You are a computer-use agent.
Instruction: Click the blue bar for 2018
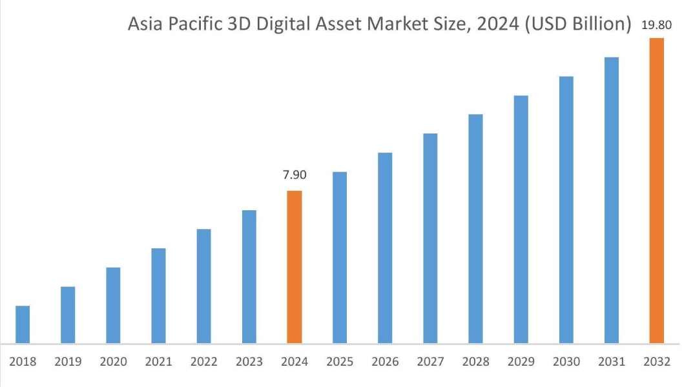(23, 324)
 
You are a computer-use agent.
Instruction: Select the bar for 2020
(113, 305)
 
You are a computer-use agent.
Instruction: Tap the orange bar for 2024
(295, 267)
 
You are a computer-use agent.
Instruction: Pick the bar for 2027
(430, 238)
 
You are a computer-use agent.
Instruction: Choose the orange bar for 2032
(657, 190)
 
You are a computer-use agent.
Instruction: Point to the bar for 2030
(566, 210)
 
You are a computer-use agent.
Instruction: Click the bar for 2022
(203, 286)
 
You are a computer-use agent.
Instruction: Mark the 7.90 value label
(295, 175)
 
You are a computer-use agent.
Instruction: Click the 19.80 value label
(657, 26)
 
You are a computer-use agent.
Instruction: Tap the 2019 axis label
(68, 362)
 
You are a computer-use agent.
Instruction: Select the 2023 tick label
(249, 362)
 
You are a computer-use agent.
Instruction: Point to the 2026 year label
(385, 362)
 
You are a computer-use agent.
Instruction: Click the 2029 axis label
(521, 362)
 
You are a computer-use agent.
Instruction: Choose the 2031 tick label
(612, 362)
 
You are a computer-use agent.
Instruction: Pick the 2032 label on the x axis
(657, 362)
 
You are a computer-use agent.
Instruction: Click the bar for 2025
(340, 257)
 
